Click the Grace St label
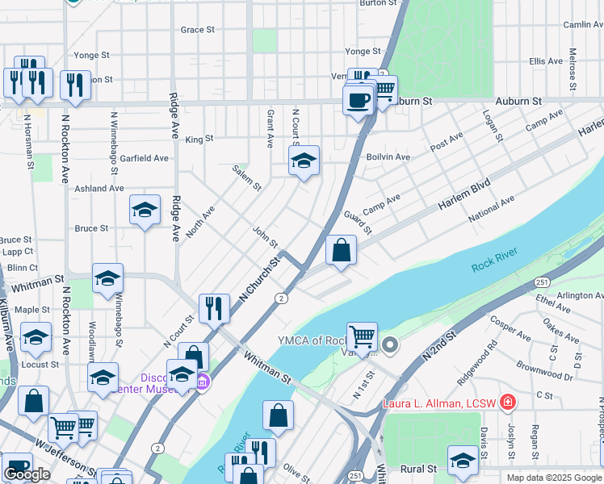pyautogui.click(x=197, y=30)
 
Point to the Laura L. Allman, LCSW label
pyautogui.click(x=443, y=403)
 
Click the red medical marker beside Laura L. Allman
pyautogui.click(x=507, y=402)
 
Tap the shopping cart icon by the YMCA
pyautogui.click(x=363, y=336)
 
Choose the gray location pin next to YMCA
pyautogui.click(x=390, y=346)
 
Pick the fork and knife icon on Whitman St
pyautogui.click(x=214, y=308)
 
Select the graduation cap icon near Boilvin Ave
pyautogui.click(x=304, y=161)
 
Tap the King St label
pyautogui.click(x=199, y=139)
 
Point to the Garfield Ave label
pyautogui.click(x=144, y=159)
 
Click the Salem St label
pyautogui.click(x=247, y=178)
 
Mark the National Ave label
pyautogui.click(x=491, y=210)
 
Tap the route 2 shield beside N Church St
pyautogui.click(x=281, y=298)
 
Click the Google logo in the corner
pyautogui.click(x=27, y=474)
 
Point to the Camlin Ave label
pyautogui.click(x=583, y=25)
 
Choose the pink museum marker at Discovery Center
pyautogui.click(x=203, y=381)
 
